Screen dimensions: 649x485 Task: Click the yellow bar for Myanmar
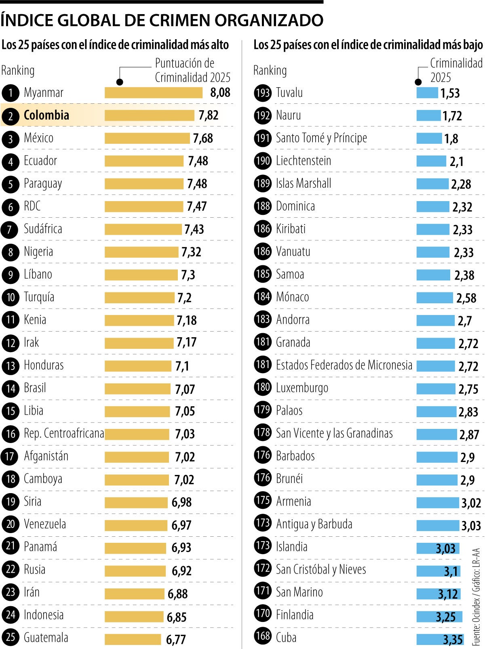click(x=153, y=93)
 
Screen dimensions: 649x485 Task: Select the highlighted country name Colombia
click(x=46, y=116)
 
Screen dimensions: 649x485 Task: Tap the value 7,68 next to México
click(x=202, y=139)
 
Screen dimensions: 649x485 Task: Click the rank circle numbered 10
click(x=11, y=298)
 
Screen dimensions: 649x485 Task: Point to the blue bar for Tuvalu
click(x=427, y=93)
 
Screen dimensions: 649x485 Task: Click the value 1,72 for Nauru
click(x=452, y=116)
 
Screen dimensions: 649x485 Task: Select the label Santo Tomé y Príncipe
click(x=321, y=138)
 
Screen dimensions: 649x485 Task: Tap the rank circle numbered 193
click(x=263, y=93)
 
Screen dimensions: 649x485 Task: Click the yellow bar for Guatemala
click(x=133, y=639)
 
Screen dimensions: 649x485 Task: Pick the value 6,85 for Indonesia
click(x=177, y=617)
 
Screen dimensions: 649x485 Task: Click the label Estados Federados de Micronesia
click(x=344, y=365)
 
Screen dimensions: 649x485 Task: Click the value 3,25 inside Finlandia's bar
click(x=445, y=617)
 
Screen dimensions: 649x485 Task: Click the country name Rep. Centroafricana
click(x=64, y=434)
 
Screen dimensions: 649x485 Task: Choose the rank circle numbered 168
click(x=263, y=636)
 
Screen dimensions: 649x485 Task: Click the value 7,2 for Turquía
click(x=184, y=298)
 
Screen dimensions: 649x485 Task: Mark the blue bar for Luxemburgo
click(x=436, y=389)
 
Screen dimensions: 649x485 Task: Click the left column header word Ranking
click(x=18, y=70)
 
